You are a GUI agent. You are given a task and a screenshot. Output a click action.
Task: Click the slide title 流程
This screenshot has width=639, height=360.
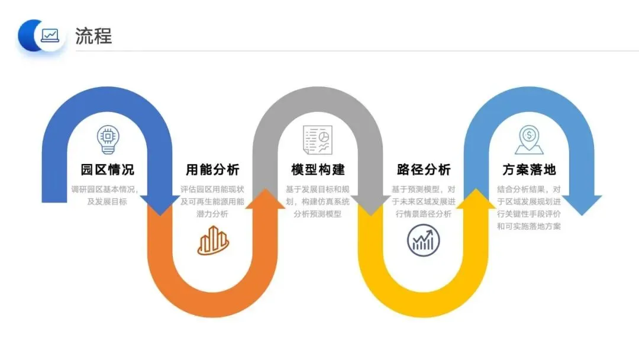tap(93, 36)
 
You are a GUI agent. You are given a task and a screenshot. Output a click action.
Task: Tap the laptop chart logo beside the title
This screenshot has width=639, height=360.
tap(50, 36)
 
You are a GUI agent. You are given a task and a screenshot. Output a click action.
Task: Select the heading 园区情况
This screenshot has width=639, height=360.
tap(108, 170)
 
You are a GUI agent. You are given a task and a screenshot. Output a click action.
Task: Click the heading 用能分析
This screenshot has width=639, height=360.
tap(213, 170)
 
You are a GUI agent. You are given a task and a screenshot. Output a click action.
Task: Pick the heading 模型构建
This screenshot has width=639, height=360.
tap(318, 170)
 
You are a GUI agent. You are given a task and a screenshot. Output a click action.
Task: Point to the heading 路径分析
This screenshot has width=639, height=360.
tap(424, 170)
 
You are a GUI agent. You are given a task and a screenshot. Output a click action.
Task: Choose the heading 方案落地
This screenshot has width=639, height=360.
tap(529, 170)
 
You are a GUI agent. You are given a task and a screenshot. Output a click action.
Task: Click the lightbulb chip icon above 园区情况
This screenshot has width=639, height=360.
tap(108, 138)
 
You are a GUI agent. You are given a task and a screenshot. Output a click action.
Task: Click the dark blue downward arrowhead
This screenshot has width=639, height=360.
tap(160, 204)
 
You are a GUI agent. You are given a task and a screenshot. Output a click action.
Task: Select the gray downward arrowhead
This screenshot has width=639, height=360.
tap(370, 204)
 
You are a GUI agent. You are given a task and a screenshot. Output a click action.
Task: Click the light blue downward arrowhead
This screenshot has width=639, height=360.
tap(581, 204)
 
